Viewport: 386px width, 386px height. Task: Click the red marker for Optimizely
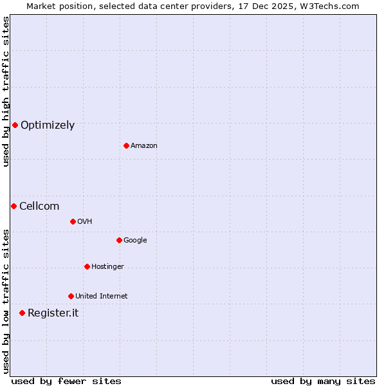click(x=15, y=125)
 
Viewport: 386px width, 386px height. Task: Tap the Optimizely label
click(x=48, y=125)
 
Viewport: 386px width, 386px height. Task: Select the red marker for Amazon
click(x=126, y=145)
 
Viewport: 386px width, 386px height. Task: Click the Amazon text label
click(x=144, y=146)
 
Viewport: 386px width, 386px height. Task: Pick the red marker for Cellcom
click(x=14, y=206)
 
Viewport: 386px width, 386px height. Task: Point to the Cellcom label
click(x=39, y=207)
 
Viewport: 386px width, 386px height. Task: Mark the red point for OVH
click(x=73, y=221)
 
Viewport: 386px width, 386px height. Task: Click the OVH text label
click(x=84, y=222)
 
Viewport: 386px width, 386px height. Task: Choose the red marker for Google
click(x=119, y=240)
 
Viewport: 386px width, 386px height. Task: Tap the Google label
click(x=135, y=241)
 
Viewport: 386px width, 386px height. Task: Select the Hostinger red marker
click(x=87, y=266)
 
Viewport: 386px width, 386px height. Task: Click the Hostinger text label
click(x=107, y=267)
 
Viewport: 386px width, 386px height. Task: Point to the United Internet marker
click(x=71, y=296)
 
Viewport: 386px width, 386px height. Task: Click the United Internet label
click(x=101, y=297)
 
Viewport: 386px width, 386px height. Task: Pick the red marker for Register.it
click(x=22, y=313)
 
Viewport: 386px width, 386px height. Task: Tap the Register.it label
click(x=53, y=313)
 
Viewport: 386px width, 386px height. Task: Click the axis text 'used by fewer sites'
click(x=66, y=381)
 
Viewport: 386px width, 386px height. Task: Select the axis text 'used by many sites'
click(x=323, y=381)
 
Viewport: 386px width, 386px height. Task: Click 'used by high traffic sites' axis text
click(x=6, y=91)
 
